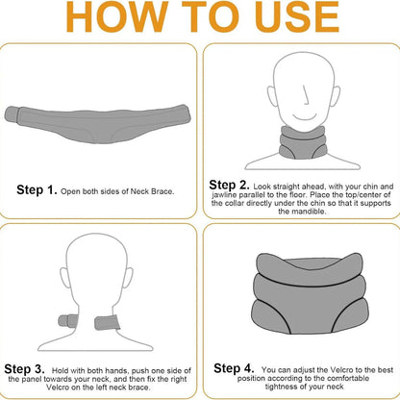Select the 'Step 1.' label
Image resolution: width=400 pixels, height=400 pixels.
tap(36, 190)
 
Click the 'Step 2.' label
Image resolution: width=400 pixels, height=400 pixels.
tap(232, 183)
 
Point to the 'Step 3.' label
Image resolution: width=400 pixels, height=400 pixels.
tap(27, 368)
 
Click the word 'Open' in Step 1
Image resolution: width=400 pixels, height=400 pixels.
tap(69, 191)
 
